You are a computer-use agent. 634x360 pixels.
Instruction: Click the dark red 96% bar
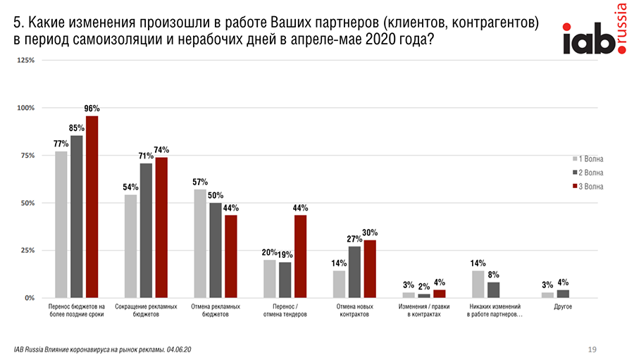pos(92,206)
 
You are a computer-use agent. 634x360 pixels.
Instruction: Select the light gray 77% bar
pos(61,224)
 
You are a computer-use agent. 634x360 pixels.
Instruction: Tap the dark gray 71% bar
pos(146,230)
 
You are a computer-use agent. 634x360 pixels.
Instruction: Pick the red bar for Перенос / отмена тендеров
pos(300,256)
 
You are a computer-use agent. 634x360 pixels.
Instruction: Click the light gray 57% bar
pos(200,244)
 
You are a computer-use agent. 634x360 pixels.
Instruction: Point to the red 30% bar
pos(370,269)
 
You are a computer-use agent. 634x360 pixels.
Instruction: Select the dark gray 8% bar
pos(493,290)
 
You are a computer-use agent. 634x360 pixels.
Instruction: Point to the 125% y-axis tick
pos(25,61)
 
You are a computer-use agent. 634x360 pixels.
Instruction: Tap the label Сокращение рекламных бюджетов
pos(145,311)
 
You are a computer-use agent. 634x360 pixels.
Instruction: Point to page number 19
pos(592,349)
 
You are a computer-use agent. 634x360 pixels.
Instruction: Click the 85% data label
pos(77,128)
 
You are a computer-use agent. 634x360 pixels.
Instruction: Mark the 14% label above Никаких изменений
pos(478,263)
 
